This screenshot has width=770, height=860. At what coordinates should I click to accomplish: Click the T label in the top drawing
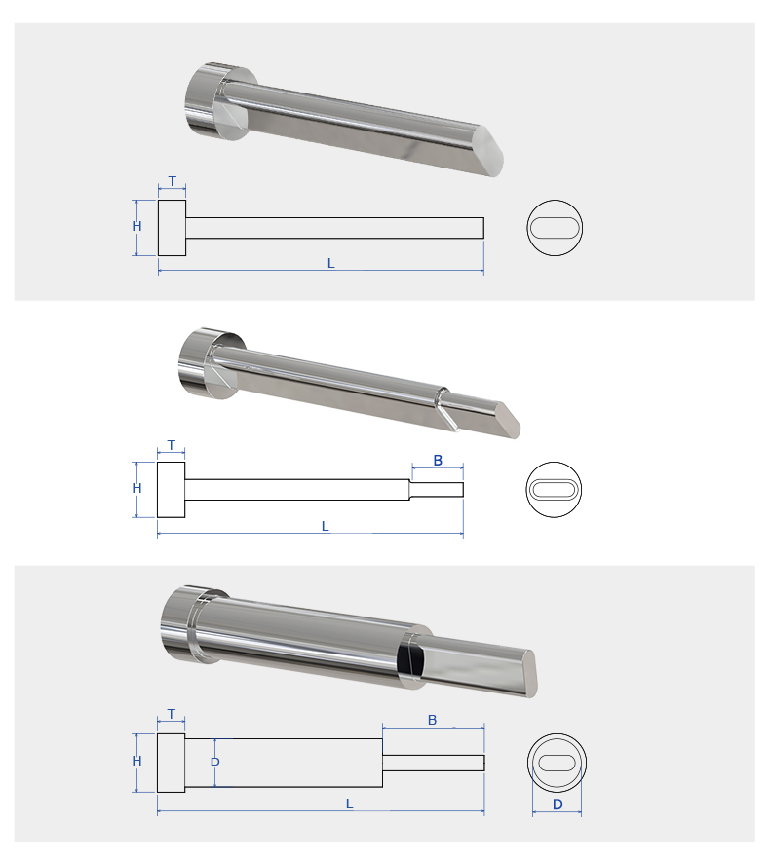click(173, 181)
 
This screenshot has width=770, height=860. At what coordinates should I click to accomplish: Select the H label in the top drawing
click(137, 226)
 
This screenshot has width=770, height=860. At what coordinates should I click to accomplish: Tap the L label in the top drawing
click(331, 263)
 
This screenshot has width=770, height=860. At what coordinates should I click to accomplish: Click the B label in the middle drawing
click(438, 460)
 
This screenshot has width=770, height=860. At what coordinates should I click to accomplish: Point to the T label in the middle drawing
click(172, 445)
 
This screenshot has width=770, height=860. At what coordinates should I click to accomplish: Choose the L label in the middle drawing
click(326, 527)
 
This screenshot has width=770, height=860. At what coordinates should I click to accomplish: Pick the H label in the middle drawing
click(137, 488)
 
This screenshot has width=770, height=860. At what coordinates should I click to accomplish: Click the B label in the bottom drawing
click(432, 720)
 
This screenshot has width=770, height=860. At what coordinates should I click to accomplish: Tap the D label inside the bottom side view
click(215, 762)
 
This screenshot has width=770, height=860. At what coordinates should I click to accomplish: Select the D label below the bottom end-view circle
click(558, 804)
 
